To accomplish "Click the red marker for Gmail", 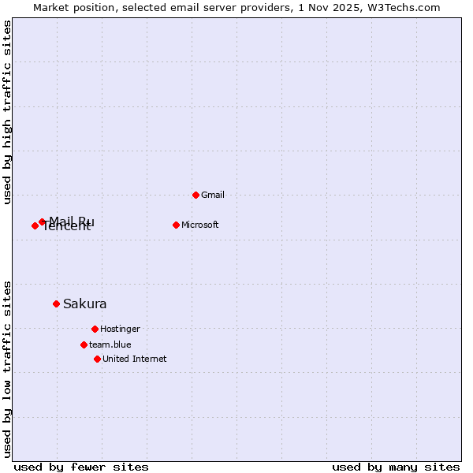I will coord(196,195).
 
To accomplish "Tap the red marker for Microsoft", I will coord(176,225).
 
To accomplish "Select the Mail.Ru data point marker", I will coord(42,222).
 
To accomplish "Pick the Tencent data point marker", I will coord(35,225).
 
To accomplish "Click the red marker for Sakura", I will coord(56,304).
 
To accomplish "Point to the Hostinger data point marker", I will coord(95,329).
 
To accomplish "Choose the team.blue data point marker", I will coord(84,345).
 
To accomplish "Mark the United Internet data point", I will coord(97,359).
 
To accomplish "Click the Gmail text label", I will coord(213,195).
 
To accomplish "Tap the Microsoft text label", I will coord(200,225).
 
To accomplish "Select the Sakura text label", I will coord(85,304).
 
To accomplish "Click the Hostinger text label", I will coord(120,329).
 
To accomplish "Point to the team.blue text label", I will coord(110,345).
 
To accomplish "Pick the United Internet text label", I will coord(135,359).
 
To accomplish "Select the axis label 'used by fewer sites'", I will coord(81,467).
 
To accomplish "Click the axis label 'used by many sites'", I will coord(396,467).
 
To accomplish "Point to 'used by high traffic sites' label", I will coord(8,112).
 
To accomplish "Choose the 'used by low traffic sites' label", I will coord(8,368).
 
